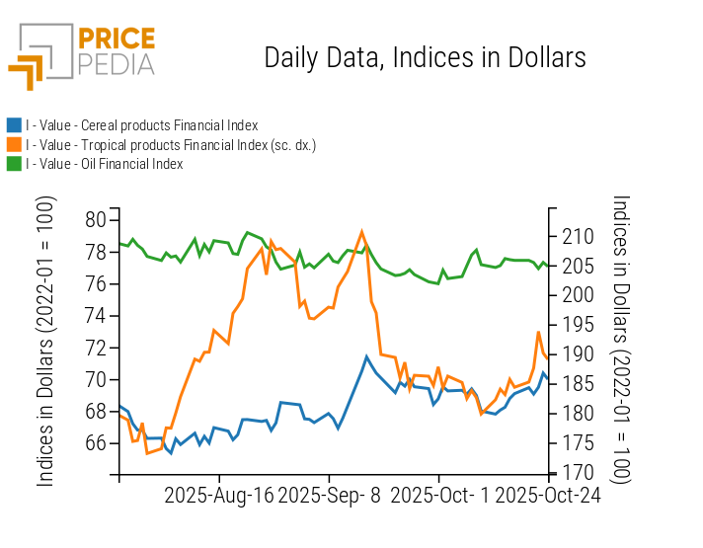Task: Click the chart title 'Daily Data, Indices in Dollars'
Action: click(x=425, y=57)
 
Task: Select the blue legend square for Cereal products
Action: click(x=14, y=125)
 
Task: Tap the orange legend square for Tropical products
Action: click(x=14, y=144)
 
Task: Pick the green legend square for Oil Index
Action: click(x=14, y=163)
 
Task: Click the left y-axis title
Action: click(x=45, y=341)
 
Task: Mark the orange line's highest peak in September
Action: click(x=362, y=231)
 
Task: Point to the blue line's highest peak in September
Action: click(x=366, y=356)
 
